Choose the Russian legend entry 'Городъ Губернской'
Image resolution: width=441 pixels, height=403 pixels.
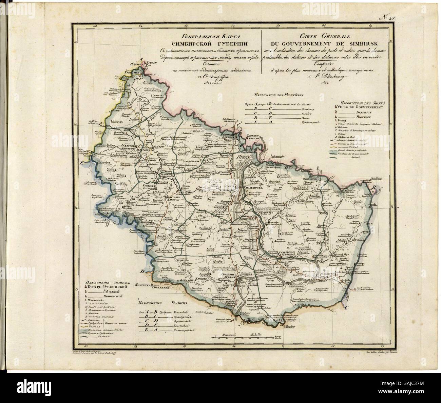(x=107, y=287)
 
